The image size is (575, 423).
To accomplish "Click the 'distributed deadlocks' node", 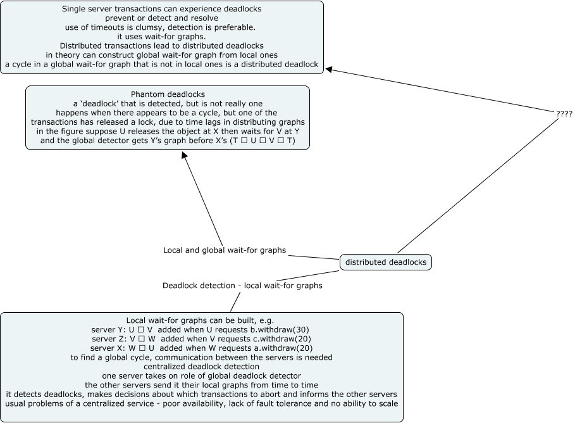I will click(386, 262).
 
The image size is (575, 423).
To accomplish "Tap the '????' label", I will click(564, 113).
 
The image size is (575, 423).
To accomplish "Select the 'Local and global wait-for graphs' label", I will click(225, 250).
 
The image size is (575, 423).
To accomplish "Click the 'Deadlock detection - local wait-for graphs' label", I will click(242, 286).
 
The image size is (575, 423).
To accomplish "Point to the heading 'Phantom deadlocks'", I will click(168, 94).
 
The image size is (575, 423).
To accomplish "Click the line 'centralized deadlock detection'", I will click(202, 366).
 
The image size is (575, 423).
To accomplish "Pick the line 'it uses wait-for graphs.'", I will click(162, 36).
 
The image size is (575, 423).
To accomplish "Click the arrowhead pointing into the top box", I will click(329, 70).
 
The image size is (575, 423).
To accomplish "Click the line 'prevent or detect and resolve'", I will click(162, 18).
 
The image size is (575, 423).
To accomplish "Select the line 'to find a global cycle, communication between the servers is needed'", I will click(202, 357).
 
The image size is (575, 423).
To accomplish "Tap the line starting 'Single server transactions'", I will click(162, 9).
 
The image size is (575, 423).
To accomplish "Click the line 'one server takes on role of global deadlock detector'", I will click(202, 375).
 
